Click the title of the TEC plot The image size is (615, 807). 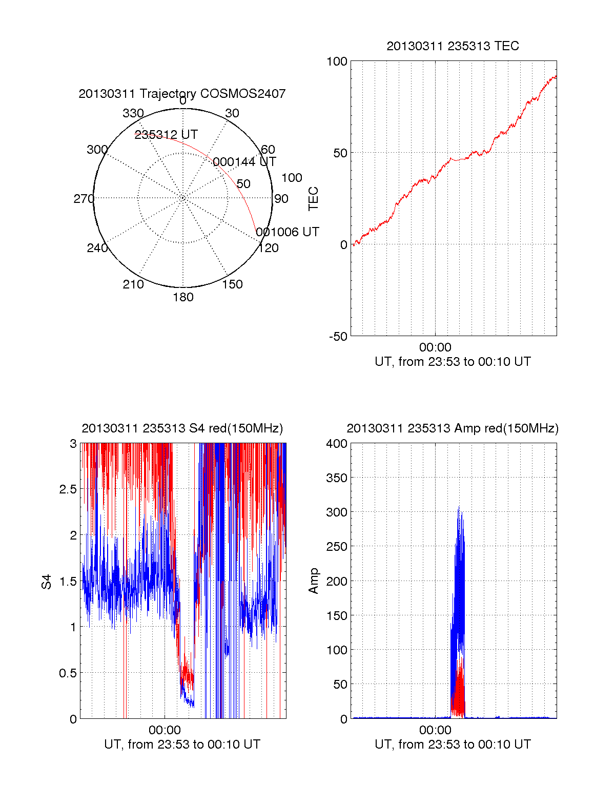click(x=453, y=46)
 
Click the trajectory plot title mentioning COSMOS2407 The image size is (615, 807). click(x=182, y=94)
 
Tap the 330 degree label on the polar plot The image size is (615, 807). click(x=133, y=113)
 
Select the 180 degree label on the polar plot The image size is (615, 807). click(x=183, y=297)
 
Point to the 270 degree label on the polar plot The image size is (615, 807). click(x=84, y=199)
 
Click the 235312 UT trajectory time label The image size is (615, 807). click(x=166, y=135)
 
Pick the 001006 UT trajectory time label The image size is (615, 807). click(x=288, y=232)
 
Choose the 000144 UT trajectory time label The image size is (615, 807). click(x=244, y=162)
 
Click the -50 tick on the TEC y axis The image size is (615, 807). click(x=338, y=337)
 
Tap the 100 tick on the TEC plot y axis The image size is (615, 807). click(x=337, y=61)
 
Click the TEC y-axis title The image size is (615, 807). click(x=313, y=199)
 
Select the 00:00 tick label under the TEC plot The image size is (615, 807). click(x=435, y=348)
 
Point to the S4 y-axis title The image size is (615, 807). click(x=47, y=582)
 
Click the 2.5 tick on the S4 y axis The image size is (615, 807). click(x=68, y=489)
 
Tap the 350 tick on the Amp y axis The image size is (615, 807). click(x=337, y=478)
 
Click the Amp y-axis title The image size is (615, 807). click(x=313, y=581)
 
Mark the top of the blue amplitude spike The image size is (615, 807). click(x=459, y=507)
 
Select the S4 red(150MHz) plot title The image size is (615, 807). click(x=182, y=428)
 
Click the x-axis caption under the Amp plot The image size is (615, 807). click(x=453, y=744)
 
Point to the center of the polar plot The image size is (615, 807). click(x=183, y=198)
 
